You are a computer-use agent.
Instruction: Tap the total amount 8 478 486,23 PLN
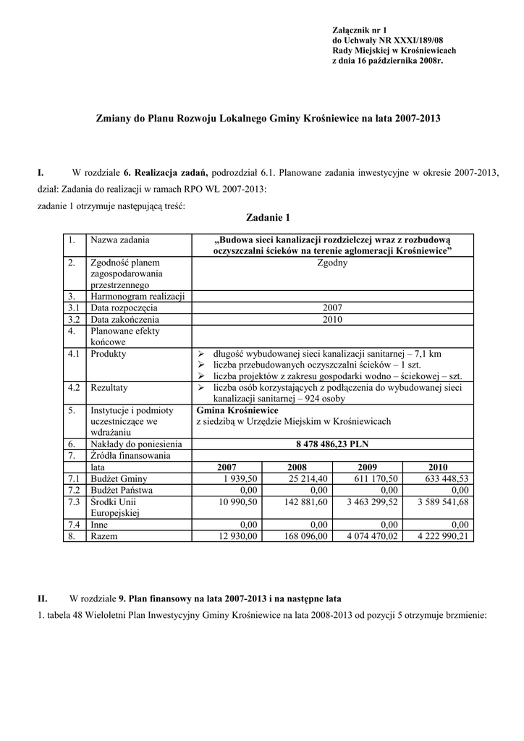[331, 444]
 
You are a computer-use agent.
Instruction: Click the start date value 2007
[332, 308]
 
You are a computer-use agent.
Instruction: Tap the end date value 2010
[332, 319]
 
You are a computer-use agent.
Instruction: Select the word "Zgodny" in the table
[332, 263]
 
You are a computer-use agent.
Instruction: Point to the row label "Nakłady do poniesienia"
[135, 444]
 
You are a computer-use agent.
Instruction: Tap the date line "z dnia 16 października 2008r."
[386, 62]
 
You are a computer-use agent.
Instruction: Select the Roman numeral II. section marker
[43, 598]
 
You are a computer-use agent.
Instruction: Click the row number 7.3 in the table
[72, 501]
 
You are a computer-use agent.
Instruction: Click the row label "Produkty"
[108, 354]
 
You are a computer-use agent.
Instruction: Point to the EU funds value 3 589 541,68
[438, 501]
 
